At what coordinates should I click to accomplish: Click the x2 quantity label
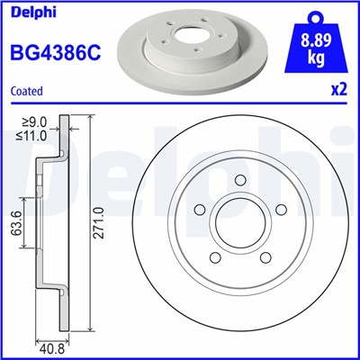(x=340, y=92)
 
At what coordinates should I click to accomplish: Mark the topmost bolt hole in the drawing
(x=240, y=183)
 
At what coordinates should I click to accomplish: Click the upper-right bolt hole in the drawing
(x=281, y=210)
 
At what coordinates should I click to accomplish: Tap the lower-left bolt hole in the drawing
(x=214, y=259)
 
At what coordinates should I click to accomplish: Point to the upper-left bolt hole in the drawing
(x=200, y=211)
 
